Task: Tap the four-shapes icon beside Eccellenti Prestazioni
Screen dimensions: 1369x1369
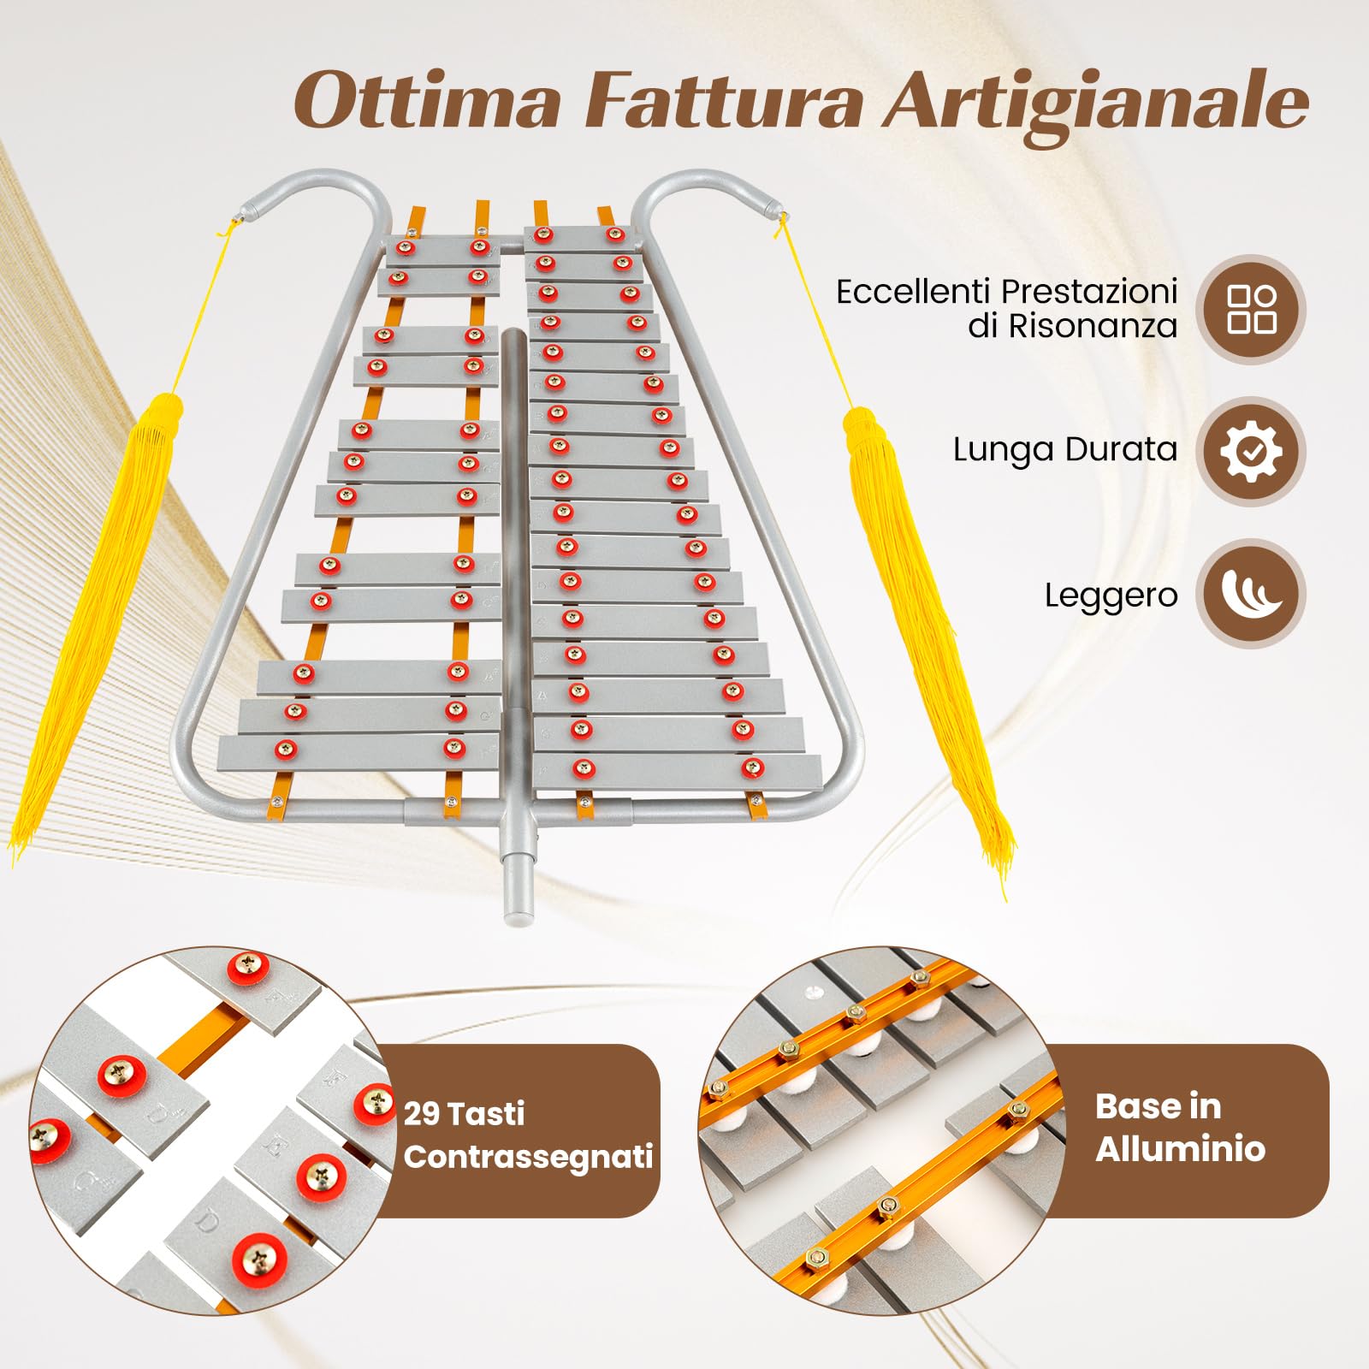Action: (x=1251, y=309)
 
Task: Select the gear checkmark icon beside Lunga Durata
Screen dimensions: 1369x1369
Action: (x=1251, y=451)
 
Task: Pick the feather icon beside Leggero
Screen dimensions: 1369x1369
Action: (x=1251, y=593)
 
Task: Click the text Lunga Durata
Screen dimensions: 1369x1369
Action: (x=1065, y=450)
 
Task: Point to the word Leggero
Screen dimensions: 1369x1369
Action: (x=1111, y=596)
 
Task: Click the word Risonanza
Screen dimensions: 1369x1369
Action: (x=1093, y=326)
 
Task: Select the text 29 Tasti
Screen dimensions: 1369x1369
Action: (x=464, y=1113)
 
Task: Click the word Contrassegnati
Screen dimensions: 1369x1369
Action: (x=528, y=1157)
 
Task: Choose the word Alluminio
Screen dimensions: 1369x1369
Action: (x=1180, y=1149)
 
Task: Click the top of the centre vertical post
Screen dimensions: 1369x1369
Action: (x=513, y=332)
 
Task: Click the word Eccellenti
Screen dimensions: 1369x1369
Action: (x=911, y=292)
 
